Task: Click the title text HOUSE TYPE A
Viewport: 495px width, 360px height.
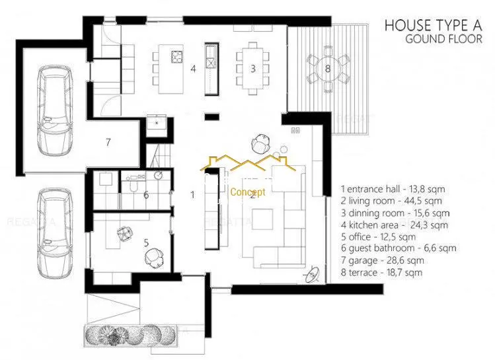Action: click(433, 25)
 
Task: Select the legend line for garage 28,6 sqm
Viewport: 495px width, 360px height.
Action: click(382, 261)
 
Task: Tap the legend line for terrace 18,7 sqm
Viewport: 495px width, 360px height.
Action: click(381, 273)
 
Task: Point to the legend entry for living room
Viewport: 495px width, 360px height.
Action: click(391, 201)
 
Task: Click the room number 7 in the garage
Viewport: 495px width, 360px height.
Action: click(108, 142)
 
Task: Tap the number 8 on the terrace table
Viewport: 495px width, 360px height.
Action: click(328, 68)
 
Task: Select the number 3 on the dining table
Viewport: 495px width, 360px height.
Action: click(253, 69)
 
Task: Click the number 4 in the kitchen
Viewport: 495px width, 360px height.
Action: click(193, 69)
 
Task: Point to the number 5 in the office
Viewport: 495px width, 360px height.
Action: click(146, 243)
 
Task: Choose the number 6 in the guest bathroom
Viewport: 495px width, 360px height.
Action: click(146, 195)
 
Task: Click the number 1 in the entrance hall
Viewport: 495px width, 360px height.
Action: click(192, 195)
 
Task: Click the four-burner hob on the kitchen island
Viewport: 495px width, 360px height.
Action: click(177, 57)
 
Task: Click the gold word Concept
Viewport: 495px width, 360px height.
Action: click(248, 192)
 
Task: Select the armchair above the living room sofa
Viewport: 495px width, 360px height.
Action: click(261, 143)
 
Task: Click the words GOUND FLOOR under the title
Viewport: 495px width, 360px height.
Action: click(443, 39)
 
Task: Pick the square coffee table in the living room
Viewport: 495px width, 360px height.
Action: click(262, 219)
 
